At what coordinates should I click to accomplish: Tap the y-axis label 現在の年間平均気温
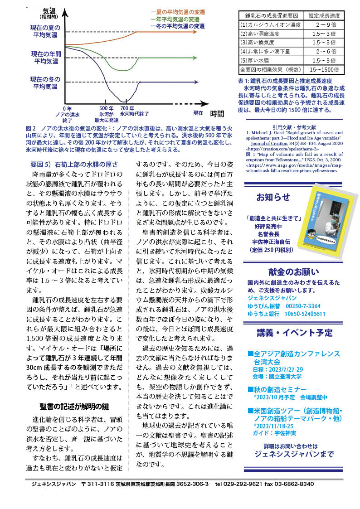(x=46, y=57)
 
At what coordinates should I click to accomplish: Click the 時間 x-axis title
(x=217, y=113)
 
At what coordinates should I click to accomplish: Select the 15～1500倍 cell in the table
(x=325, y=70)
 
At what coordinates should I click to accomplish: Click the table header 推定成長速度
(x=325, y=15)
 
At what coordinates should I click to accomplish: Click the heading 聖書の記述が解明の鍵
(x=74, y=406)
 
